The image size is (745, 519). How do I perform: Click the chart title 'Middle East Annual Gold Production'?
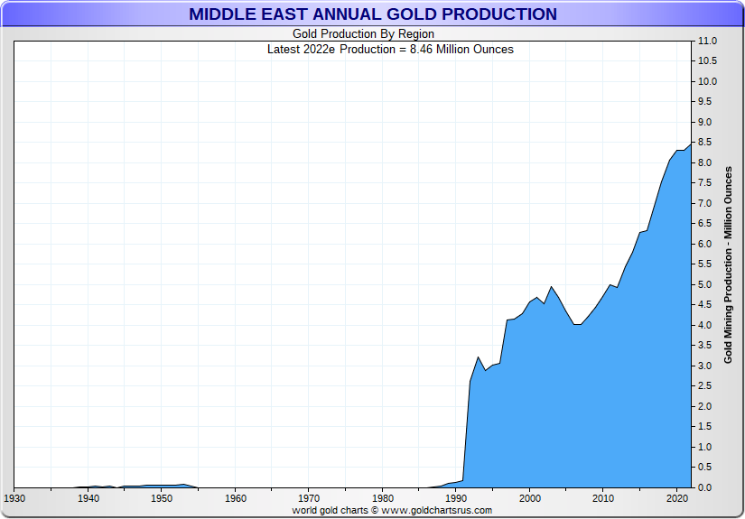pyautogui.click(x=372, y=14)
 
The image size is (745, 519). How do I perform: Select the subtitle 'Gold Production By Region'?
pyautogui.click(x=364, y=34)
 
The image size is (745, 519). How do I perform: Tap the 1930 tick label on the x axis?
pyautogui.click(x=14, y=498)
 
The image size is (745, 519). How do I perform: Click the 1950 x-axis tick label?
pyautogui.click(x=162, y=498)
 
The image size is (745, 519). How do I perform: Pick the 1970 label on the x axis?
pyautogui.click(x=309, y=498)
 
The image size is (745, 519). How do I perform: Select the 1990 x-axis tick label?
pyautogui.click(x=456, y=498)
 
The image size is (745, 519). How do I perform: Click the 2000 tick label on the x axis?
pyautogui.click(x=530, y=498)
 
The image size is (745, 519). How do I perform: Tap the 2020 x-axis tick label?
pyautogui.click(x=677, y=498)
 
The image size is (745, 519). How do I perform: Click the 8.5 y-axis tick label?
pyautogui.click(x=706, y=143)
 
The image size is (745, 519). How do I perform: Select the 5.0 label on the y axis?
pyautogui.click(x=706, y=285)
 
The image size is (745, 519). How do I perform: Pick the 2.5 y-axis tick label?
pyautogui.click(x=706, y=386)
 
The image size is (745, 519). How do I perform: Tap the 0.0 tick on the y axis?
pyautogui.click(x=706, y=487)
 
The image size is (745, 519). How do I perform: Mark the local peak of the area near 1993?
pyautogui.click(x=478, y=357)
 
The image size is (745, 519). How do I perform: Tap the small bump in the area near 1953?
pyautogui.click(x=184, y=485)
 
